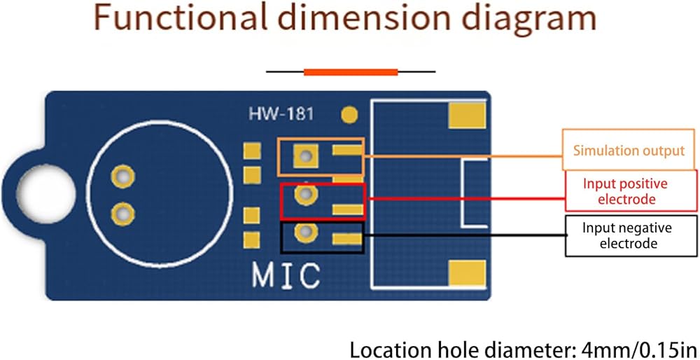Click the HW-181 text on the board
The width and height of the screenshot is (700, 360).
pyautogui.click(x=281, y=114)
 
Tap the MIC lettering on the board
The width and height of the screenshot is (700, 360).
pyautogui.click(x=286, y=275)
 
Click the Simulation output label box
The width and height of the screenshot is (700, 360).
pyautogui.click(x=629, y=150)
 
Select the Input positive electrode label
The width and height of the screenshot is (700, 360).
pyautogui.click(x=631, y=191)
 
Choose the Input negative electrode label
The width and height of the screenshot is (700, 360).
pyautogui.click(x=631, y=236)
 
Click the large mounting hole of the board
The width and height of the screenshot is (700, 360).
pyautogui.click(x=46, y=194)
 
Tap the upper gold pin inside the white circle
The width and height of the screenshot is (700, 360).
pyautogui.click(x=122, y=177)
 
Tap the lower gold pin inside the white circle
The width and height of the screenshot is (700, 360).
pyautogui.click(x=122, y=214)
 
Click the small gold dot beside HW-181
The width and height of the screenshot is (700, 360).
pyautogui.click(x=349, y=116)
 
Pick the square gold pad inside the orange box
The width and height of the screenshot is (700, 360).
pyautogui.click(x=306, y=156)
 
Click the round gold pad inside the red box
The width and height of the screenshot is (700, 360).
pyautogui.click(x=306, y=194)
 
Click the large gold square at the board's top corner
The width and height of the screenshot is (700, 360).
pyautogui.click(x=467, y=115)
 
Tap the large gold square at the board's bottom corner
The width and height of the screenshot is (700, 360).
pyautogui.click(x=467, y=273)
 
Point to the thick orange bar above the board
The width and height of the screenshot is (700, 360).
pyautogui.click(x=351, y=72)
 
